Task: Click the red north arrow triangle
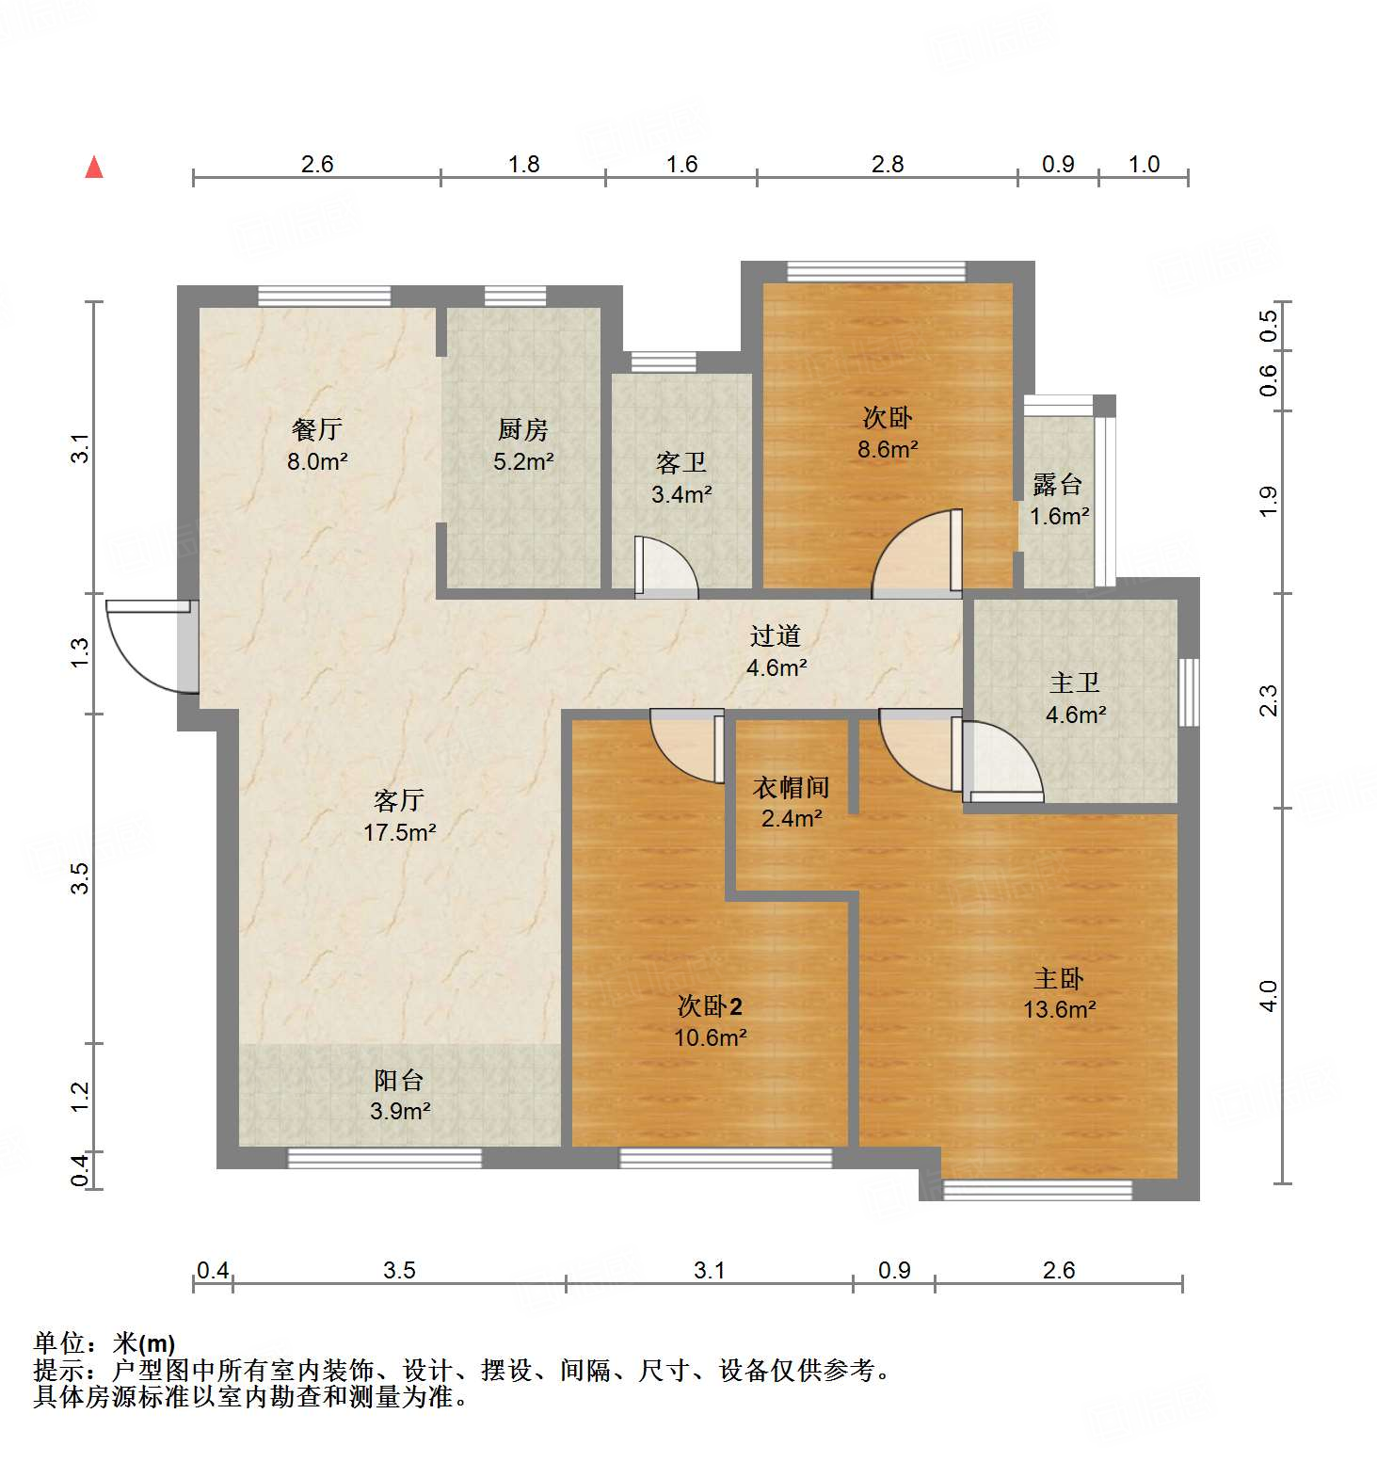94,168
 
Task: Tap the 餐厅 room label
317,444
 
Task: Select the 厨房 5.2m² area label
523,445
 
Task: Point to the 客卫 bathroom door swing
664,567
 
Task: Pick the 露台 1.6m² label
1059,500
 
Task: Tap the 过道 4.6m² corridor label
777,651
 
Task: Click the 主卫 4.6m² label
1075,699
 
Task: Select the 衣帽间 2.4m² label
792,802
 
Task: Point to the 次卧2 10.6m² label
711,1021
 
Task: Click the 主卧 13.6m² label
1059,994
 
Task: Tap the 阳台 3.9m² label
399,1095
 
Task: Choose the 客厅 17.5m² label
399,815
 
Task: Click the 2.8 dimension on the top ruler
887,165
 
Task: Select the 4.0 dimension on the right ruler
1269,995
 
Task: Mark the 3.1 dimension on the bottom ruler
709,1270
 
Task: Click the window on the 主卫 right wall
1190,692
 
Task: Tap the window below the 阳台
384,1158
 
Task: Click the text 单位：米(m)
104,1343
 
